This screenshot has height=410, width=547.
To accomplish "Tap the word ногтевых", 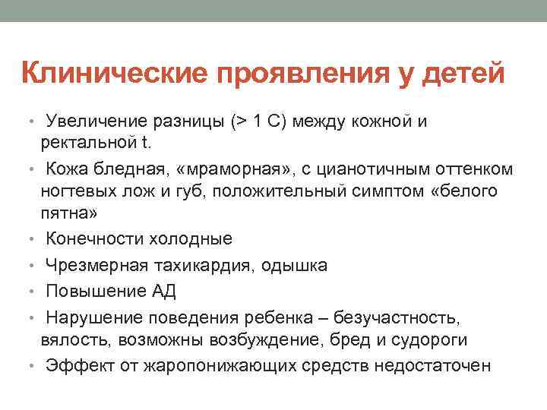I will tap(81, 190).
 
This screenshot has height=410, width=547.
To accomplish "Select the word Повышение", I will tap(95, 292).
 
